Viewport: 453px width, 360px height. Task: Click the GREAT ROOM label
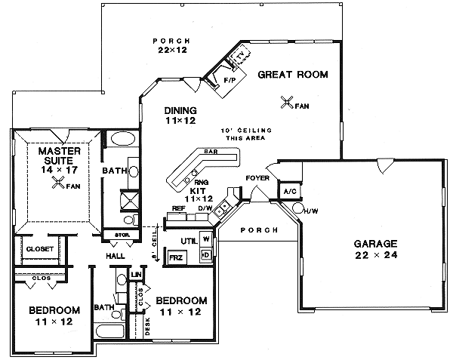[292, 74]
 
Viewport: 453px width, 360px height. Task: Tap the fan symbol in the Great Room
[286, 102]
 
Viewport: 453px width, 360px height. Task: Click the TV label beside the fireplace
[241, 56]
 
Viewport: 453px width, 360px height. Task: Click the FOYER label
[257, 178]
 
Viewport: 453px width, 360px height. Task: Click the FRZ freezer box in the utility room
[175, 257]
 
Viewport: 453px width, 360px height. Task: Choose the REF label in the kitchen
[178, 208]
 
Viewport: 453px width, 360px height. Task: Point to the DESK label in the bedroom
[148, 325]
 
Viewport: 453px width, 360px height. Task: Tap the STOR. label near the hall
[123, 235]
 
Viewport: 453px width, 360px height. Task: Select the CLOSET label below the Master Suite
[39, 248]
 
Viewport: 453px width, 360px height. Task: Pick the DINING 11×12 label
[180, 115]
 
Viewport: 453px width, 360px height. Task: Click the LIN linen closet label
[137, 275]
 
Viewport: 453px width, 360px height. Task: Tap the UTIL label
[187, 240]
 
